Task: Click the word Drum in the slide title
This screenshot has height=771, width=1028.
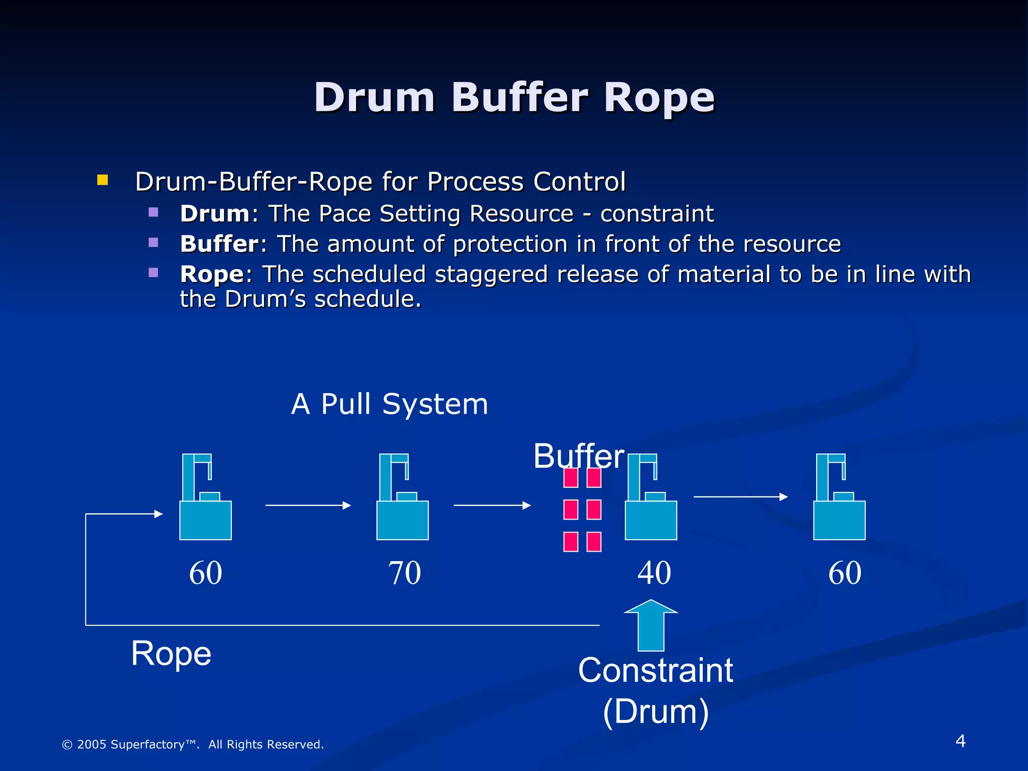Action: [x=374, y=97]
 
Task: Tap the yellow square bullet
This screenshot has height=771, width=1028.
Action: [x=102, y=180]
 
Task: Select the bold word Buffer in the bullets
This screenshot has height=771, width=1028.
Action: [x=219, y=244]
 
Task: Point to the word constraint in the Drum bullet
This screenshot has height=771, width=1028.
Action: [x=657, y=214]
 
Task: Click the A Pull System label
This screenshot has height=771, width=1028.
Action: [x=390, y=404]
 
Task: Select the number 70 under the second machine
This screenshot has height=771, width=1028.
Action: [x=404, y=573]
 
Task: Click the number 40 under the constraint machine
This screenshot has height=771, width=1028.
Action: [x=654, y=573]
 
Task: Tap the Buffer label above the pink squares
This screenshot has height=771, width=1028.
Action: [x=578, y=456]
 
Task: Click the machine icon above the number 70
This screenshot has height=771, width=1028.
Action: [x=403, y=502]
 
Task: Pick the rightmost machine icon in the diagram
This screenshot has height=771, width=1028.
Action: [x=839, y=502]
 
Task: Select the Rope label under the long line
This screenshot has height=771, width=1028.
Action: [x=171, y=654]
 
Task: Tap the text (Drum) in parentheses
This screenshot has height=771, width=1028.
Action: [x=656, y=711]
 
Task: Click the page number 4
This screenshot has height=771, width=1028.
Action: [x=960, y=741]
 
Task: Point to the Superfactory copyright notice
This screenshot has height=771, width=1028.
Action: [x=193, y=744]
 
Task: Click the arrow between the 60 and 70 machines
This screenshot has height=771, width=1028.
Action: [x=308, y=505]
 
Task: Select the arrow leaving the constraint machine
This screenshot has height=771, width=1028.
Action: [x=740, y=497]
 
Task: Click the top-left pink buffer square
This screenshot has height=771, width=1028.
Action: [x=570, y=477]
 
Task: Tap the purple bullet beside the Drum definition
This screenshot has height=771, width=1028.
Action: [x=154, y=212]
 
